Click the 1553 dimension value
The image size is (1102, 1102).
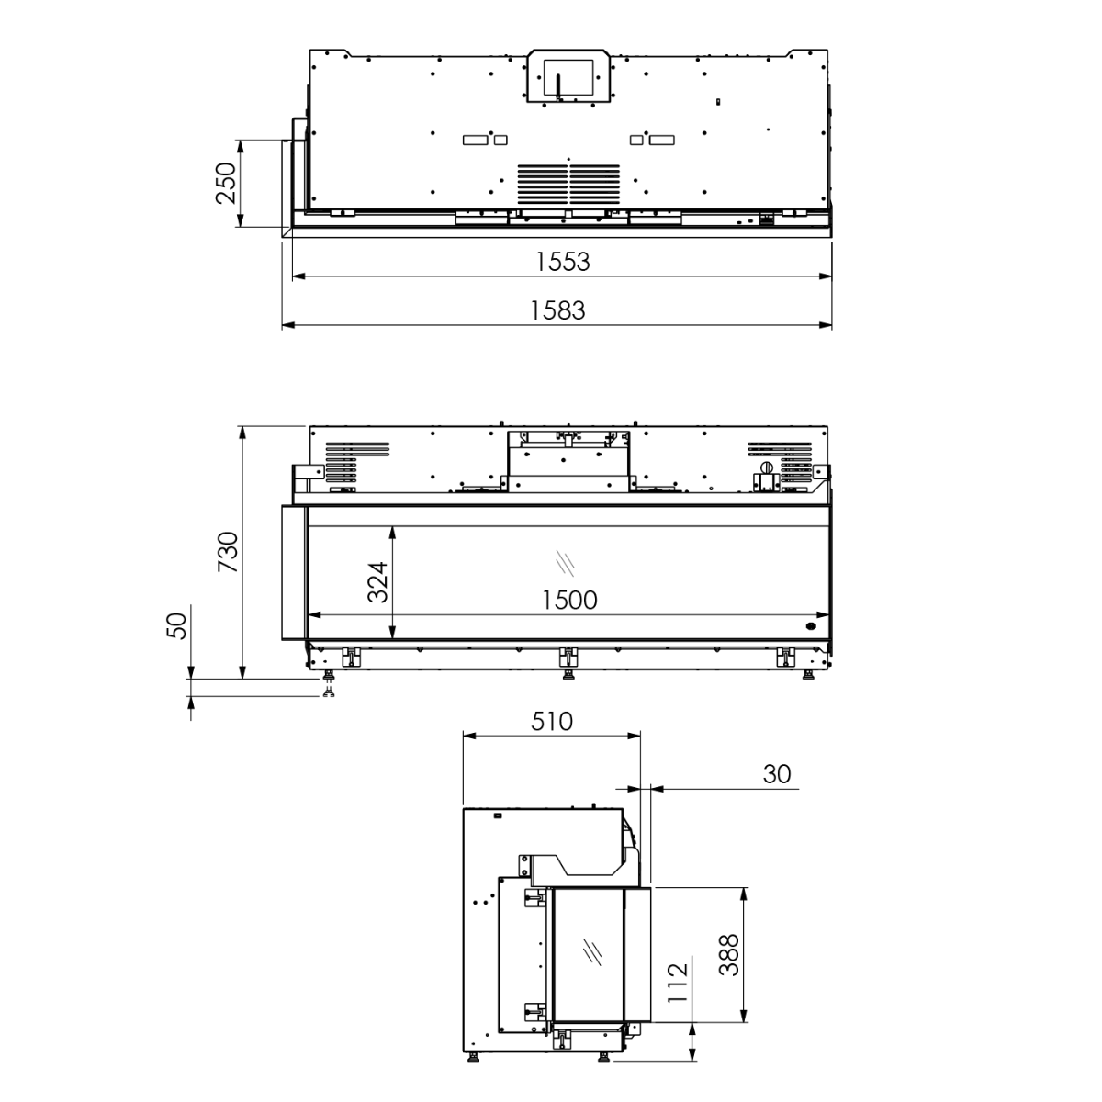(x=562, y=262)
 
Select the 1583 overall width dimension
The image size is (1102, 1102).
(x=557, y=311)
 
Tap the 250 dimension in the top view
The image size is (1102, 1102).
(x=226, y=183)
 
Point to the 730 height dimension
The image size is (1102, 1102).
(x=228, y=552)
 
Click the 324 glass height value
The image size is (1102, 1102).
(x=377, y=582)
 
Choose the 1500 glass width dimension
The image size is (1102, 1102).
(x=569, y=601)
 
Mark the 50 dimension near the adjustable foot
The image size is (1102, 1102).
(x=177, y=625)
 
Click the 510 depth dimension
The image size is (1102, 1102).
(x=551, y=722)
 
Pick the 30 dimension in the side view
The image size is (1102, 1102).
(x=777, y=774)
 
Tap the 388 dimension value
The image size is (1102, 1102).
(x=729, y=955)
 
